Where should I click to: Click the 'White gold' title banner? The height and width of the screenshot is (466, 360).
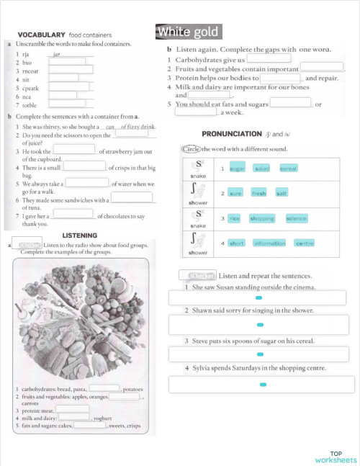187,32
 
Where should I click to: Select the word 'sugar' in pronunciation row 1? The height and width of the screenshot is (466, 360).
238,168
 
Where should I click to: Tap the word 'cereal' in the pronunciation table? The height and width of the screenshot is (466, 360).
288,168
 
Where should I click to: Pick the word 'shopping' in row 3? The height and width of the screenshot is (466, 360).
262,218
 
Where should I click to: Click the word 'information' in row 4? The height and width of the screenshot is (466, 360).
270,243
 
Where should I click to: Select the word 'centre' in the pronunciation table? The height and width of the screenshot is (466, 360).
305,243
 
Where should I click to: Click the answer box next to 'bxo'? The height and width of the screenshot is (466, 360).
66,61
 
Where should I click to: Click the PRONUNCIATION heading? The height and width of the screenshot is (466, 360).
231,134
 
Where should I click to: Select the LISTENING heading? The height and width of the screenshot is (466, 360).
80,236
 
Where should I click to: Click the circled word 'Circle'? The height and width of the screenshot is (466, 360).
191,149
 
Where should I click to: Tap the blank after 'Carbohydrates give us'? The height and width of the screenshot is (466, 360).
269,59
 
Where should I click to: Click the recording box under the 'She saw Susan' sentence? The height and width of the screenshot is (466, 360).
258,297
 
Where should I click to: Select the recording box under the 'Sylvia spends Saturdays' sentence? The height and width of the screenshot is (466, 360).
258,385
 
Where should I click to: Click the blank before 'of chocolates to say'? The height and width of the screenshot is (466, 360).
73,213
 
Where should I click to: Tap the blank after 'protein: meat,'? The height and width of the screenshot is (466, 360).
72,409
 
